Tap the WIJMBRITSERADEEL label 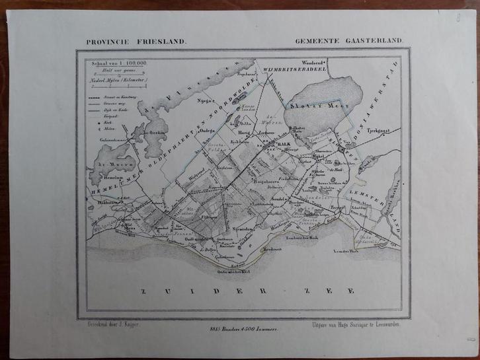[292, 68]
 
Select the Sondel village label [278, 199]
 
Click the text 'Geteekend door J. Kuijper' [108, 324]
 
